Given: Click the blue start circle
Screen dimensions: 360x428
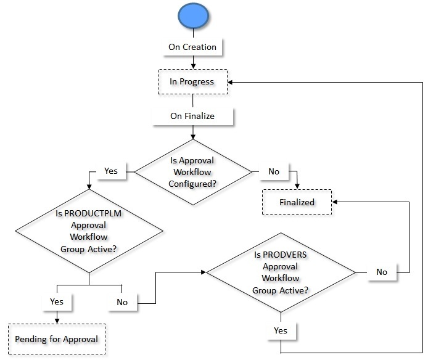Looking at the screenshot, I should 193,17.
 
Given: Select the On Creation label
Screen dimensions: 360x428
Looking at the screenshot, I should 192,47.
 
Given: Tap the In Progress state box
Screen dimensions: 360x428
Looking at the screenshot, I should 192,81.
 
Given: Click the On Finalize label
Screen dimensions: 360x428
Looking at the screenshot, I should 192,115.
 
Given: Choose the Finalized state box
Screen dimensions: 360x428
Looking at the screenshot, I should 297,202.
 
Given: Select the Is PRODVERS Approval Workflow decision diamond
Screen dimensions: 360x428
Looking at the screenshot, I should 281,271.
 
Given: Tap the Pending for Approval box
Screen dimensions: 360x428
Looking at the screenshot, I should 56,339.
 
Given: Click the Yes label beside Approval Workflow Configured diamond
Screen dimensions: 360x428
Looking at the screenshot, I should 111,171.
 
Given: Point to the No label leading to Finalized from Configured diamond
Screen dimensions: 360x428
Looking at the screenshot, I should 274,171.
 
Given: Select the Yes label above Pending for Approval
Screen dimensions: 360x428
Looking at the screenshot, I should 56,302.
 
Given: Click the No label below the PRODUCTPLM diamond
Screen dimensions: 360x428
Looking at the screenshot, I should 122,302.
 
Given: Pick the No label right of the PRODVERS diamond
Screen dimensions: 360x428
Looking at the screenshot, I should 382,272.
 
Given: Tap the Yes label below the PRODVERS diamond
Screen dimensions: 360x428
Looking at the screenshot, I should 281,330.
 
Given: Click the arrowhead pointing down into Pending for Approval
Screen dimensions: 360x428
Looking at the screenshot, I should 56,321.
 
